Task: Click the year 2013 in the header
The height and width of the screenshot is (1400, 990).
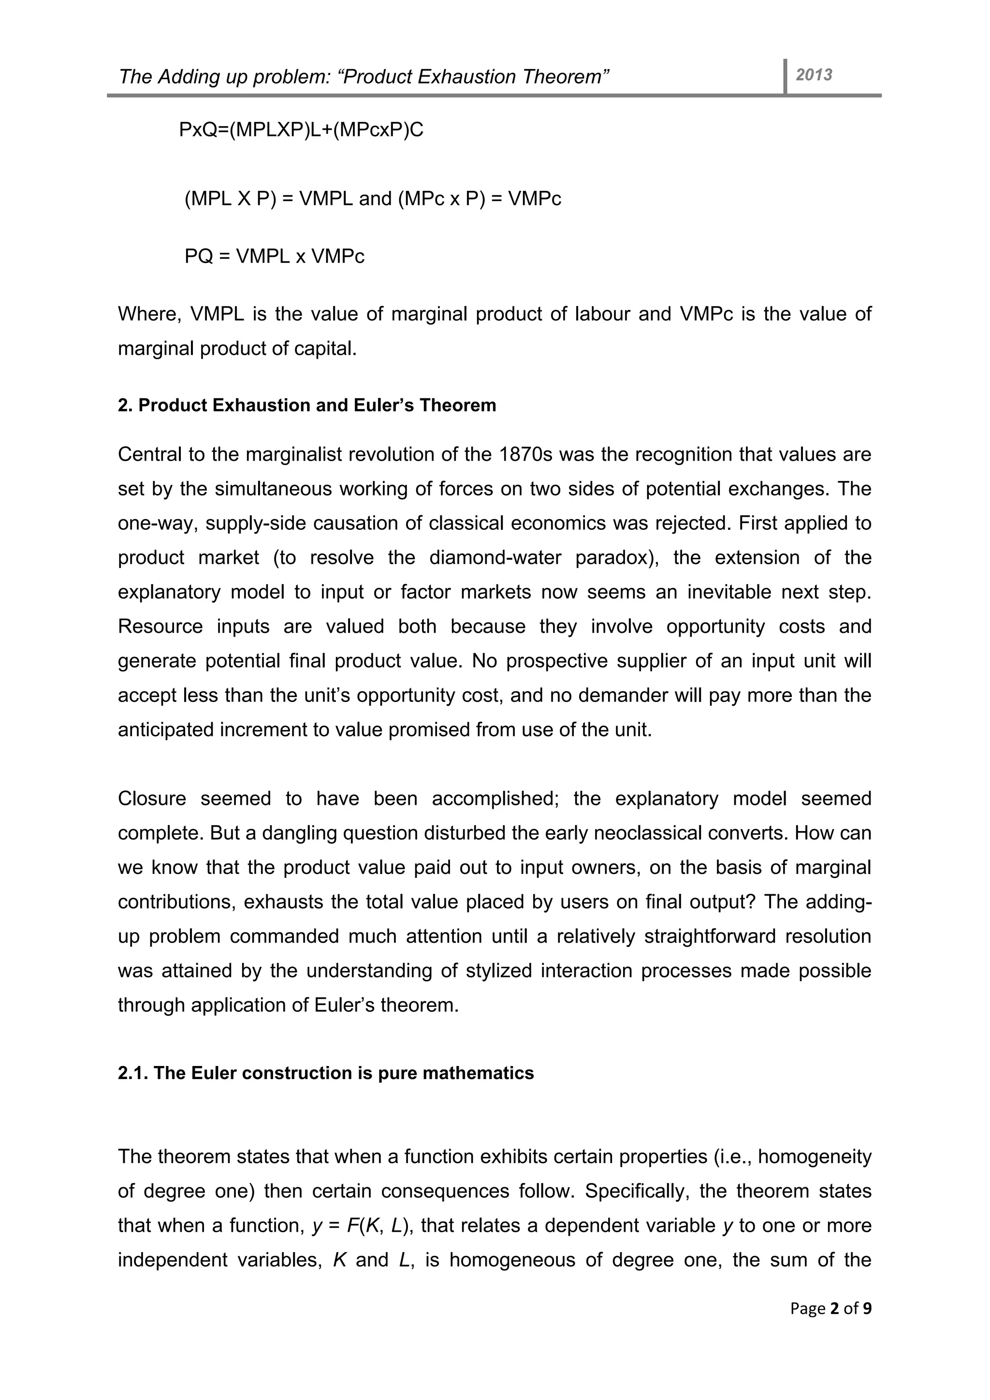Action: point(814,75)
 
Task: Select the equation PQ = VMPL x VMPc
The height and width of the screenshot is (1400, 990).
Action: point(274,256)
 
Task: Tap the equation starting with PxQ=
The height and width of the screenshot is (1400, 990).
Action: point(301,130)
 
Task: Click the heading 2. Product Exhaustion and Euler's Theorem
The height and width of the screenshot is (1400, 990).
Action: point(306,406)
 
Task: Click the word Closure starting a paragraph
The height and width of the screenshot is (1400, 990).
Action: point(152,798)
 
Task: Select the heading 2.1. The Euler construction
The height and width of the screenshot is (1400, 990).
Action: point(325,1073)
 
